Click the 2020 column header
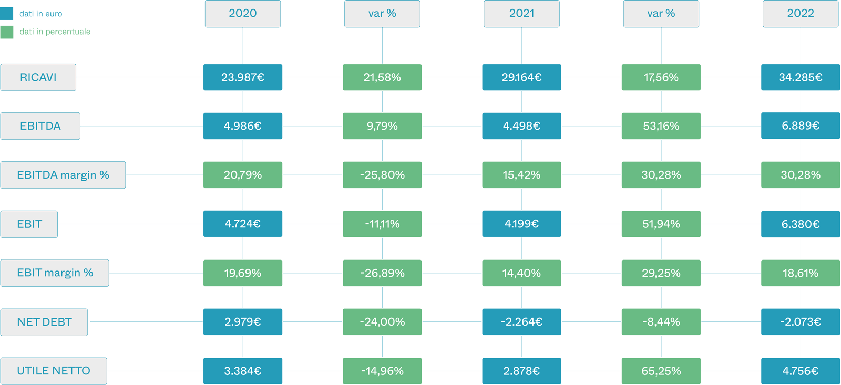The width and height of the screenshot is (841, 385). tap(242, 14)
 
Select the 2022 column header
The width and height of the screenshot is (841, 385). tap(801, 14)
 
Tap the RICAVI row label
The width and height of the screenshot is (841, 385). tap(38, 77)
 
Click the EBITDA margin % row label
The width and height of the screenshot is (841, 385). tap(63, 175)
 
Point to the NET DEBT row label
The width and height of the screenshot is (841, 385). tap(44, 322)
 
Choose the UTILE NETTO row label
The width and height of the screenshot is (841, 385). tap(54, 371)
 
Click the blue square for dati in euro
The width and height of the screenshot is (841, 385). tap(7, 14)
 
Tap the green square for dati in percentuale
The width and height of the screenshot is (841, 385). tap(7, 32)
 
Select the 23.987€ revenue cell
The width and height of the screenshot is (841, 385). tap(242, 77)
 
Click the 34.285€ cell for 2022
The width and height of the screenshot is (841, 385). tap(801, 77)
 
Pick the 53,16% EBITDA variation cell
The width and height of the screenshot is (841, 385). tap(661, 126)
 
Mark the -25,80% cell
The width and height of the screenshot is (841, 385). tap(382, 175)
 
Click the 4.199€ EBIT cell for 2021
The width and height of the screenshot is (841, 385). tap(521, 224)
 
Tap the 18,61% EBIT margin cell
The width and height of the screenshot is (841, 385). tap(801, 273)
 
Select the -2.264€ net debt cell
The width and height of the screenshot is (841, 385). tap(521, 322)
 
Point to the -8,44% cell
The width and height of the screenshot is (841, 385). tap(661, 322)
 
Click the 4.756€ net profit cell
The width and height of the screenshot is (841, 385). tap(801, 371)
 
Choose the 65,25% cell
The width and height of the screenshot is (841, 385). tap(661, 371)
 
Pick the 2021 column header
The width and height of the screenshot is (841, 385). tap(521, 14)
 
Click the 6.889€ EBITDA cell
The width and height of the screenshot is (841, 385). tap(801, 126)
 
